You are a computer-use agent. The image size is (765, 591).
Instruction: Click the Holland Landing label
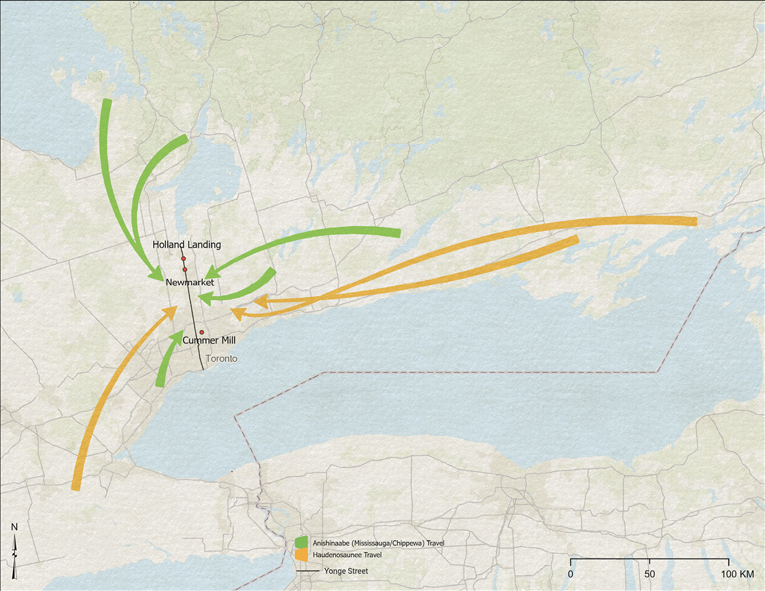(186, 244)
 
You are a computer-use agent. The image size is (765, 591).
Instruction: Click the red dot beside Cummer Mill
(202, 332)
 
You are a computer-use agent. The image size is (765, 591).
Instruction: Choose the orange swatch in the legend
(302, 555)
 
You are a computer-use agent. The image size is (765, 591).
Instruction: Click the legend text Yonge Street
(346, 571)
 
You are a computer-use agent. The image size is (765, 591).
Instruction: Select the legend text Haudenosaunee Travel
(347, 555)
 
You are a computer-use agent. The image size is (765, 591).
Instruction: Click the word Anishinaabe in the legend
(331, 543)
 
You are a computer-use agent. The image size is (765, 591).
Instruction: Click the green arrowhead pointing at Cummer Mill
(178, 336)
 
